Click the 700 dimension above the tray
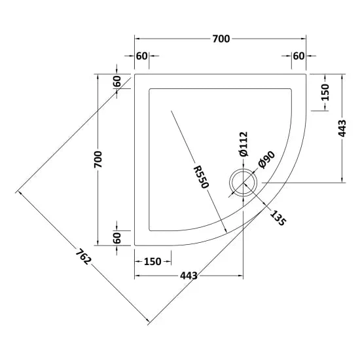pyautogui.click(x=221, y=39)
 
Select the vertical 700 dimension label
pyautogui.click(x=98, y=159)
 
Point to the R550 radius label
pyautogui.click(x=201, y=177)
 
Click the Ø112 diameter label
pyautogui.click(x=243, y=144)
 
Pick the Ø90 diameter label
pyautogui.click(x=266, y=160)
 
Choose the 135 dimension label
pyautogui.click(x=278, y=218)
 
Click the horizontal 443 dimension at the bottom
pyautogui.click(x=189, y=276)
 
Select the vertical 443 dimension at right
pyautogui.click(x=342, y=128)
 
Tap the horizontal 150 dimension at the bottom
pyautogui.click(x=153, y=262)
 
